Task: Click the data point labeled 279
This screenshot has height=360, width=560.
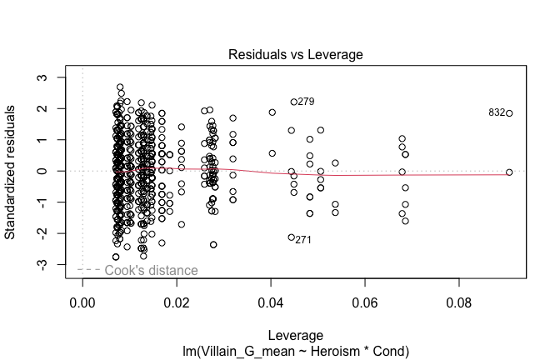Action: [294, 102]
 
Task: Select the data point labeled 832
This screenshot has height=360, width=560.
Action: [509, 113]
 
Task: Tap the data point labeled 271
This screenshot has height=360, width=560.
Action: [291, 237]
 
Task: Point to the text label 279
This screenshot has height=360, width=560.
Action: [306, 102]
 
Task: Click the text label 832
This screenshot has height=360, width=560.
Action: [497, 112]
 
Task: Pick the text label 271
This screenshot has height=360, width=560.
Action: [303, 240]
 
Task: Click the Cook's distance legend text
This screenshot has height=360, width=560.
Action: [151, 270]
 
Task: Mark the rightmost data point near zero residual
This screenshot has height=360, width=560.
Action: [509, 172]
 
